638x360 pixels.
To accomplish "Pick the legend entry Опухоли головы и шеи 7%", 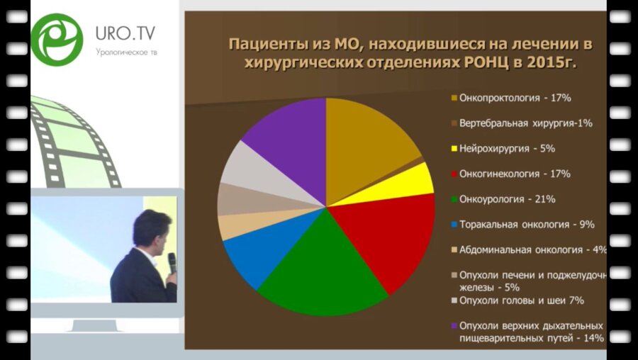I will click(x=521, y=300).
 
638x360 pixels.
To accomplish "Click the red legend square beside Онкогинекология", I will click(x=454, y=174).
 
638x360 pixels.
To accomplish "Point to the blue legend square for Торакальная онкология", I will click(x=454, y=225).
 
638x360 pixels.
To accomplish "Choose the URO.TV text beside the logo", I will click(x=125, y=33).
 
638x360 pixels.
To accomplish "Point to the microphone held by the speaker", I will click(x=172, y=261).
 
